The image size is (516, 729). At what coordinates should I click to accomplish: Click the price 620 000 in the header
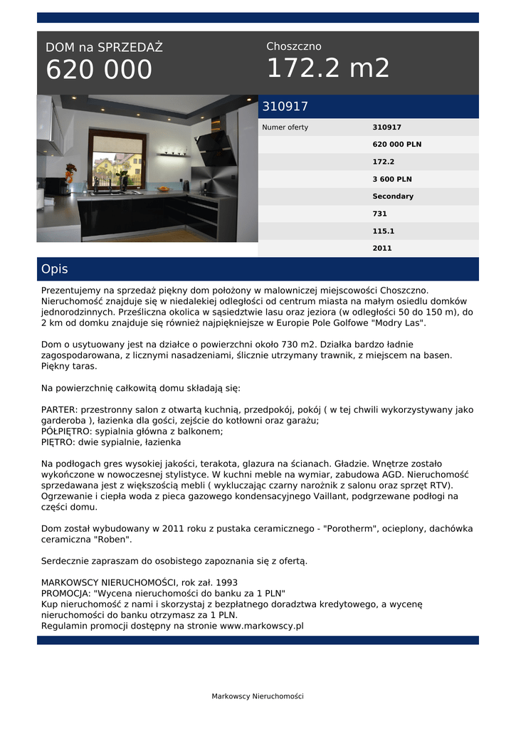(99, 70)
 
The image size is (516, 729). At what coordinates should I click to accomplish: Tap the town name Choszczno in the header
(294, 46)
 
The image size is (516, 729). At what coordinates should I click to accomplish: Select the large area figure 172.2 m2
(328, 68)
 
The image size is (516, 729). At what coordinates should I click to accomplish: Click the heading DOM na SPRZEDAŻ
(104, 48)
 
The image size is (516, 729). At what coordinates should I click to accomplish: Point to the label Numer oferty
(285, 127)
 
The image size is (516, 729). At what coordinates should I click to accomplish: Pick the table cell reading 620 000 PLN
(396, 145)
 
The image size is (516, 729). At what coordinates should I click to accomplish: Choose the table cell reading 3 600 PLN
(392, 179)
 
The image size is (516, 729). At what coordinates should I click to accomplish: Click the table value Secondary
(393, 196)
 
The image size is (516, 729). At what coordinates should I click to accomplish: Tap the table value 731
(380, 214)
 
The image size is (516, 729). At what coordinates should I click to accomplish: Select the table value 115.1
(383, 231)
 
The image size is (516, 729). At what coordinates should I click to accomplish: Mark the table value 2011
(382, 248)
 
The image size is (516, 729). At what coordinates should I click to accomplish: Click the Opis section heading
(55, 269)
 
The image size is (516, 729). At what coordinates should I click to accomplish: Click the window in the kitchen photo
(117, 162)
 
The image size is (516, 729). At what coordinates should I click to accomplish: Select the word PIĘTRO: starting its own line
(60, 442)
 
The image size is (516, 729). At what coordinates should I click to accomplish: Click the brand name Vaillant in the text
(364, 496)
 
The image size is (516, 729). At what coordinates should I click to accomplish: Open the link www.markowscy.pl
(262, 626)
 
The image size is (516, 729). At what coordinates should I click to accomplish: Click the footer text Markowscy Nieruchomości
(258, 696)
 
